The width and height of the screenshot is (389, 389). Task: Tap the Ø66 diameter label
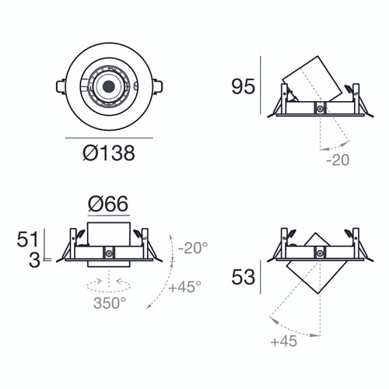click(x=108, y=205)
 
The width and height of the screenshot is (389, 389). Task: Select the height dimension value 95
click(x=243, y=86)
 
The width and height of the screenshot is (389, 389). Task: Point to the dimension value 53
click(x=243, y=278)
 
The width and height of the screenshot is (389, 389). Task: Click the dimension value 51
click(x=28, y=238)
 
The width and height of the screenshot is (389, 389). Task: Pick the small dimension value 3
click(x=34, y=261)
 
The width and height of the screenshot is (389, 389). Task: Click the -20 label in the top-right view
click(x=338, y=161)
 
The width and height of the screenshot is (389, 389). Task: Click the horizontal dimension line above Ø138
click(x=108, y=137)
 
